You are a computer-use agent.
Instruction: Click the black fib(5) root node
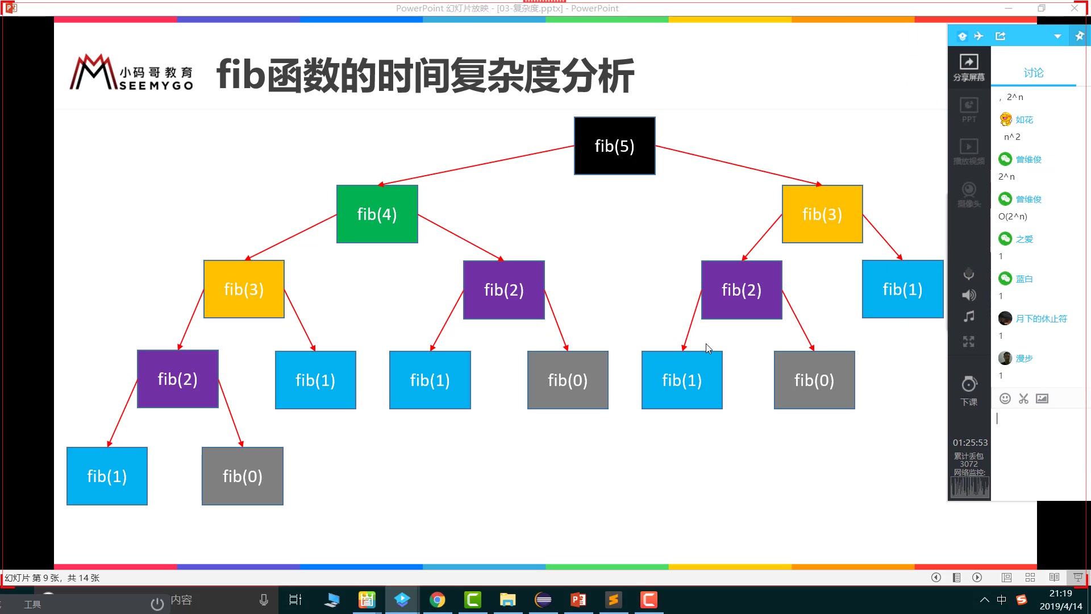tap(614, 146)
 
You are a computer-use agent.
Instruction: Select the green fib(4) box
tap(377, 214)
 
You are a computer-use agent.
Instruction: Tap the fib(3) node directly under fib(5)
tap(822, 214)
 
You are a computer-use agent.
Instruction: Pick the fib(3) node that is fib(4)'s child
tap(244, 289)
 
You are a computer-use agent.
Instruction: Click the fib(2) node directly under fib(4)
tap(503, 290)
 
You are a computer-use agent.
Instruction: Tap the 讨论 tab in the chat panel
tap(1033, 73)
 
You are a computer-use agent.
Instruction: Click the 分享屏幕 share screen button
tap(969, 67)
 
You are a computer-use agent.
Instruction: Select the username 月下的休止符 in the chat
tap(1041, 319)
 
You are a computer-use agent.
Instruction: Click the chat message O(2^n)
tap(1013, 217)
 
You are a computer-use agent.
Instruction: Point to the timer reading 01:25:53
tap(970, 442)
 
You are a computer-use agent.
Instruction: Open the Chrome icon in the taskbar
tap(437, 600)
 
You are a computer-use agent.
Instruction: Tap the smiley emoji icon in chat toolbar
tap(1005, 399)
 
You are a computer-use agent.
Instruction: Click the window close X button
tap(1074, 8)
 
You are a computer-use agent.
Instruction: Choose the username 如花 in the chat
tap(1024, 120)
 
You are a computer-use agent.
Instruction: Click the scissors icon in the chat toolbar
tap(1023, 399)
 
